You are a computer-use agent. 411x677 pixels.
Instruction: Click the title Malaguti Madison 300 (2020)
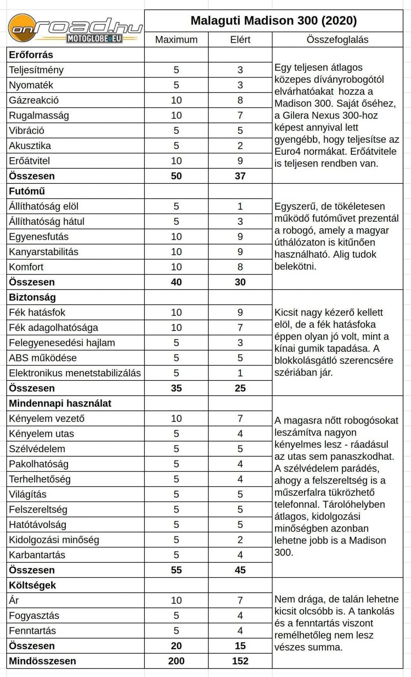274,20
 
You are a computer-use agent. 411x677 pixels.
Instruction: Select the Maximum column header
176,40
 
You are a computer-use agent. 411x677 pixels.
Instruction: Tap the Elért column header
240,40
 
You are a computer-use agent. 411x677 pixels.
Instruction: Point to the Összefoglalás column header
337,40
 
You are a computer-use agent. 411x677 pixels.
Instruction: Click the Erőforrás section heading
31,55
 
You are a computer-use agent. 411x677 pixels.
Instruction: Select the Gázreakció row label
34,100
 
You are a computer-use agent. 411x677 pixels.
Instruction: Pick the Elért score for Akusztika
240,146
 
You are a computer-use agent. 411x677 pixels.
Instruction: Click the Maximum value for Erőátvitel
176,161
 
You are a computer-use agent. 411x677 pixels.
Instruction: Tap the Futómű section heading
27,191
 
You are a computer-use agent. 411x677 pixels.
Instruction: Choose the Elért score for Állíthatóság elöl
240,206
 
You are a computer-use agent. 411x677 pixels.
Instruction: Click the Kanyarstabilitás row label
44,252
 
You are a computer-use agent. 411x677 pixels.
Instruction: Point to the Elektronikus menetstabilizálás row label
75,373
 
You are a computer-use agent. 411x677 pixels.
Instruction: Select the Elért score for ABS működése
240,358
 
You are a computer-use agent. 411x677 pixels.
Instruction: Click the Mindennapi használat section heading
60,404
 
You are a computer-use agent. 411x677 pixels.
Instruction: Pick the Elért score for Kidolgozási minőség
240,540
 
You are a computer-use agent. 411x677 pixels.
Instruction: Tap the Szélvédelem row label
37,449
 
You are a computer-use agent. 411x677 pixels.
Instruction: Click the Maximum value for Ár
176,600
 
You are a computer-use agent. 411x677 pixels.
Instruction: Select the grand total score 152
240,661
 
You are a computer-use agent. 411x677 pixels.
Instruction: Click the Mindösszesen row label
42,661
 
